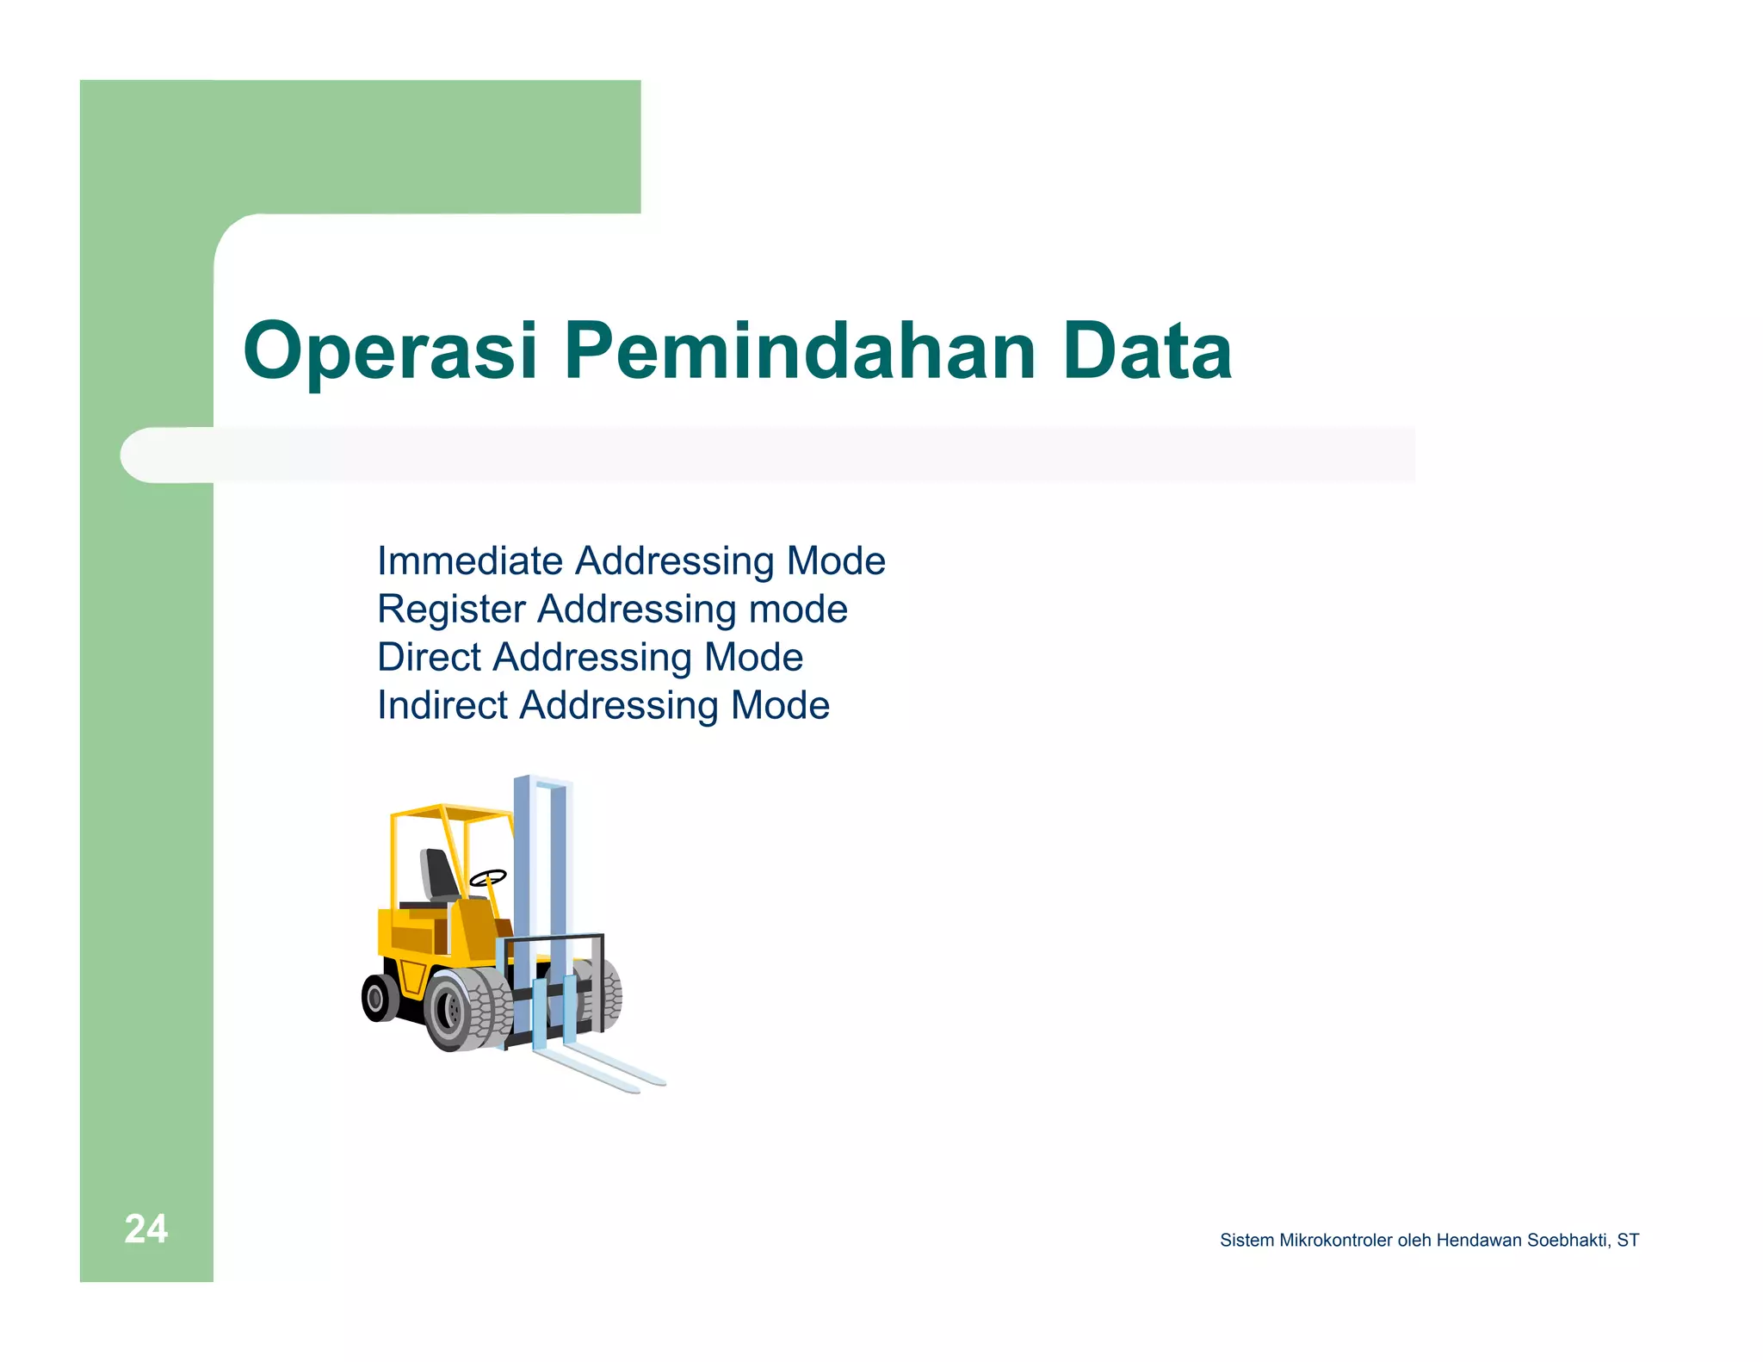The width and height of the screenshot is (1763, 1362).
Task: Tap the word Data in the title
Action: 1147,351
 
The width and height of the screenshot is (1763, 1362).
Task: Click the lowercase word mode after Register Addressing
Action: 798,610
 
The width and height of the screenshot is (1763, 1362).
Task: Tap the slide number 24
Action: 145,1229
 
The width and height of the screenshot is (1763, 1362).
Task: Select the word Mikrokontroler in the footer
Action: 1335,1241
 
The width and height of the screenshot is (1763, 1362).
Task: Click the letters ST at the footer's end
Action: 1627,1241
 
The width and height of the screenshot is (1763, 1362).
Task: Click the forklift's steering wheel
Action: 488,877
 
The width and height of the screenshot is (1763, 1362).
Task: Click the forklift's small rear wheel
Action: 377,999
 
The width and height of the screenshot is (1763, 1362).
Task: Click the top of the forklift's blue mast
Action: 542,782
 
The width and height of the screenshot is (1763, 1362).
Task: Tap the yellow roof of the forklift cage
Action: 448,812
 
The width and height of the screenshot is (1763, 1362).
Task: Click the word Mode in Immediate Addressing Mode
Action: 836,561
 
